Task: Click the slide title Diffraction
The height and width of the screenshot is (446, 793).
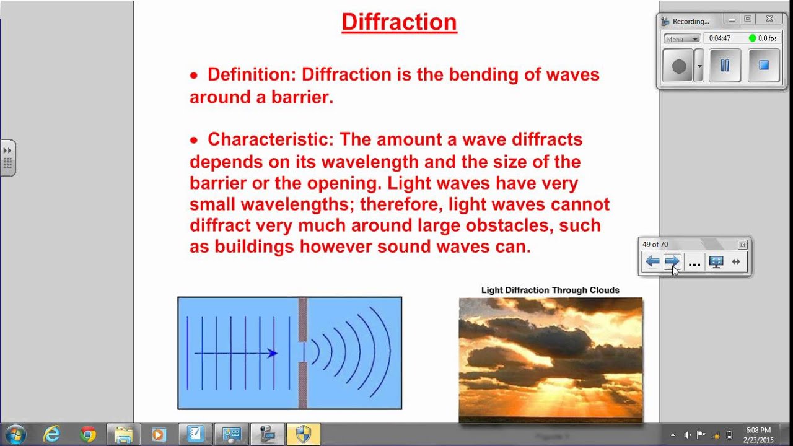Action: (399, 22)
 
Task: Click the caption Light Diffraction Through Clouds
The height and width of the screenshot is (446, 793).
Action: (550, 290)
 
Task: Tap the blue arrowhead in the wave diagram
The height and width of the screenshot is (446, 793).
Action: (272, 353)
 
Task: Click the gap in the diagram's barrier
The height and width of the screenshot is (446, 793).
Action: (302, 352)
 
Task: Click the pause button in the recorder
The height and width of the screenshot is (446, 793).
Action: (724, 65)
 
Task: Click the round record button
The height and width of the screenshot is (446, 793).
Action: (679, 66)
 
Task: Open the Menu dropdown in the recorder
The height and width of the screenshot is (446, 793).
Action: (681, 38)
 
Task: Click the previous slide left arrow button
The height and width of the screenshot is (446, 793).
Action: (652, 262)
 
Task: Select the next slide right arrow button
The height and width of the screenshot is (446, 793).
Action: (672, 262)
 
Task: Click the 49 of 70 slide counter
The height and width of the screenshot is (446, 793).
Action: (655, 244)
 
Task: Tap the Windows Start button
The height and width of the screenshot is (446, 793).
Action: (15, 434)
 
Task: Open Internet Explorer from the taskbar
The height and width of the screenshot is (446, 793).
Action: (52, 434)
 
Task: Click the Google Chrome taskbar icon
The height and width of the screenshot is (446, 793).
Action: (88, 435)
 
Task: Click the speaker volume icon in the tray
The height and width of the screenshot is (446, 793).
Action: (687, 435)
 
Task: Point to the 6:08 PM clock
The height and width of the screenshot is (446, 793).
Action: (758, 430)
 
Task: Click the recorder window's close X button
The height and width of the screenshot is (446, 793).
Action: (769, 19)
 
